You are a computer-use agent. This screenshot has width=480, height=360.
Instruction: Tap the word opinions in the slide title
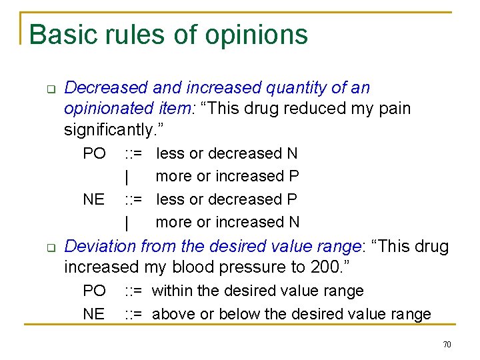(257, 35)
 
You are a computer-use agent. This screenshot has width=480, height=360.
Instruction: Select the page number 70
(447, 344)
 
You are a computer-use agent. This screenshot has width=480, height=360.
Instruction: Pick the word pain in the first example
(395, 108)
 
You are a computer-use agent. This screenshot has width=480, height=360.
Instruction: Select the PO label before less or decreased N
(94, 153)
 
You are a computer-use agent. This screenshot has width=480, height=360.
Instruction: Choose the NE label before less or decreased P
(94, 199)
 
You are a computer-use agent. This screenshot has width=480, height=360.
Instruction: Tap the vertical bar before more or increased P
(126, 177)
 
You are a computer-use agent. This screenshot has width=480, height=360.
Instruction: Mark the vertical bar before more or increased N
(126, 222)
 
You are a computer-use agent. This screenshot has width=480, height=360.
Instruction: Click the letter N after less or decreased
(292, 153)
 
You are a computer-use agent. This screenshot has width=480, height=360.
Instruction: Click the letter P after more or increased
(293, 176)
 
